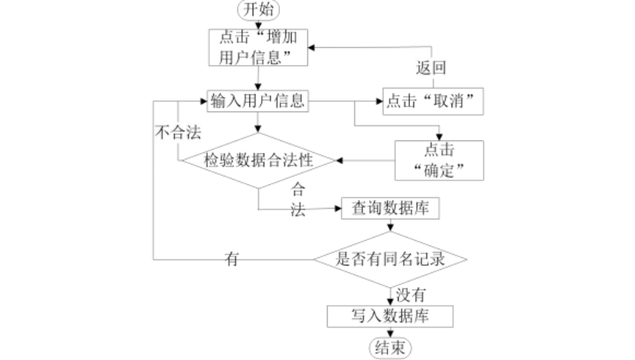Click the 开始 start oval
(259, 9)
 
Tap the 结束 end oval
(390, 348)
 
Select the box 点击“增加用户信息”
(258, 47)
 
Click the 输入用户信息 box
(258, 101)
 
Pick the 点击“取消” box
(433, 101)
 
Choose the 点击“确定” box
(439, 160)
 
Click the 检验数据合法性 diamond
(259, 160)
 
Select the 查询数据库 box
(390, 208)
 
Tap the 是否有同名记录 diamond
(390, 259)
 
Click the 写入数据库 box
(390, 316)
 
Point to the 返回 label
(431, 67)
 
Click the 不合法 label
(178, 132)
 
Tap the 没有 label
(411, 295)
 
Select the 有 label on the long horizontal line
(231, 259)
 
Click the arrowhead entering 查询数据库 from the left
(338, 209)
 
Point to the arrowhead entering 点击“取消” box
(379, 101)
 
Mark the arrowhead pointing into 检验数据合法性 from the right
(339, 161)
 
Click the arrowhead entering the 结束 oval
(390, 333)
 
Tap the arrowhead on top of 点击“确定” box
(439, 137)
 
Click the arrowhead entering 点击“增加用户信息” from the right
(311, 48)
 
